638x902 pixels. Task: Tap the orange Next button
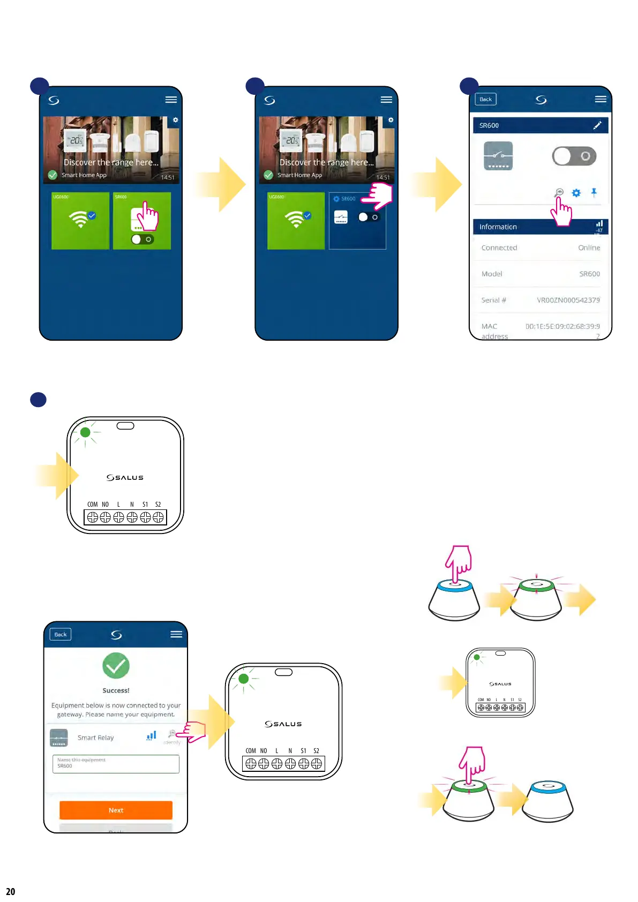116,810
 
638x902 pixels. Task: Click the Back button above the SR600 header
485,99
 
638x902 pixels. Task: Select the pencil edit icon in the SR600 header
597,125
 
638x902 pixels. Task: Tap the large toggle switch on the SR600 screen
574,156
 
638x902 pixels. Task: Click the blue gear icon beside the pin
576,193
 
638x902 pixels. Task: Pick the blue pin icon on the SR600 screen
594,192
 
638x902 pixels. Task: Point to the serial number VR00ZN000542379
568,300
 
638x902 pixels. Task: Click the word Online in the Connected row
589,247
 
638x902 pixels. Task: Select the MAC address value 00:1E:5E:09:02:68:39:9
562,326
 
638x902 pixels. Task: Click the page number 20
11,891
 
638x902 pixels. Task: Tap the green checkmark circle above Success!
116,666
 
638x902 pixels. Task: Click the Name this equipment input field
116,764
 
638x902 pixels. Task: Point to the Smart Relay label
96,738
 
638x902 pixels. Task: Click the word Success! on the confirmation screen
116,690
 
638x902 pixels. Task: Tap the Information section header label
498,227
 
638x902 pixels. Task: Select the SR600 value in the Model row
589,274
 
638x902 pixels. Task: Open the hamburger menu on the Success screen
176,634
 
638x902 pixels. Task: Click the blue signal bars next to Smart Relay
152,736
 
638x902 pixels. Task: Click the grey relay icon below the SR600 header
498,156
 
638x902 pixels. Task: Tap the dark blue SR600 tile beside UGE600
357,221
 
